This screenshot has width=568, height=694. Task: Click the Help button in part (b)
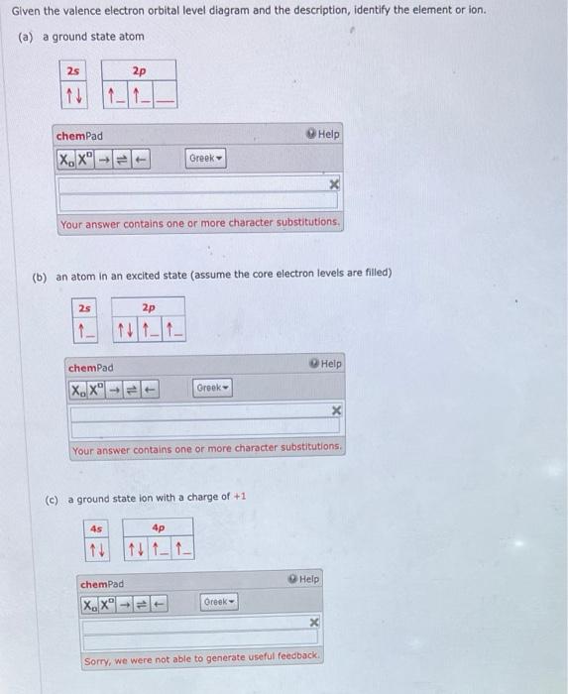pos(326,364)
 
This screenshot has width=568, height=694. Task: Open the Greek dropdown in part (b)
pos(211,388)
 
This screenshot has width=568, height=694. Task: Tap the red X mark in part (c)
pos(313,623)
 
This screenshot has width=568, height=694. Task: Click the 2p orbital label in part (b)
pos(148,307)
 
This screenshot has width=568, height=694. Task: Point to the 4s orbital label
pos(96,528)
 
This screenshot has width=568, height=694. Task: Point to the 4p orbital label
pos(158,528)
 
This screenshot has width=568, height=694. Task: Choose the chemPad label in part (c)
pos(102,585)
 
